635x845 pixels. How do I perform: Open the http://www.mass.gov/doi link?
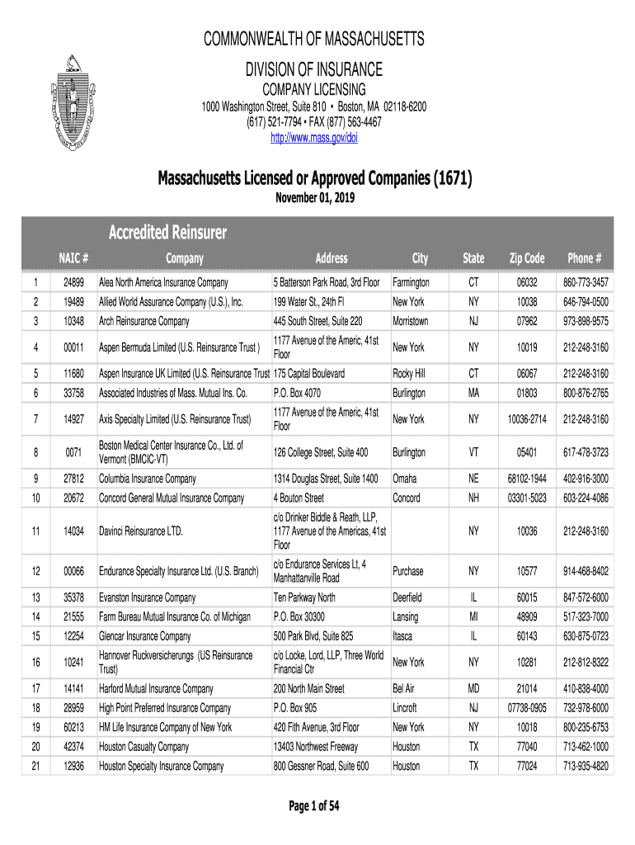314,137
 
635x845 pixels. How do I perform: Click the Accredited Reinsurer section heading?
168,233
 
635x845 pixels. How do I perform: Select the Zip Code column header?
527,258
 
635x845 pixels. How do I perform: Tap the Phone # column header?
586,258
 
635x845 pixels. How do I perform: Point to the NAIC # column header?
73,258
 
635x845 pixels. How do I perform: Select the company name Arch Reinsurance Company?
144,321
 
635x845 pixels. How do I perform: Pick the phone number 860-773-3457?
586,282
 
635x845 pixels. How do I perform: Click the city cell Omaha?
405,479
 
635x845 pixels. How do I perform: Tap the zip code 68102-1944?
527,479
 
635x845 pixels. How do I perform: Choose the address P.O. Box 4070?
297,393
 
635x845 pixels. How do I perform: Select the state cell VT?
473,452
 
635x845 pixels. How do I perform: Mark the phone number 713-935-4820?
586,766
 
